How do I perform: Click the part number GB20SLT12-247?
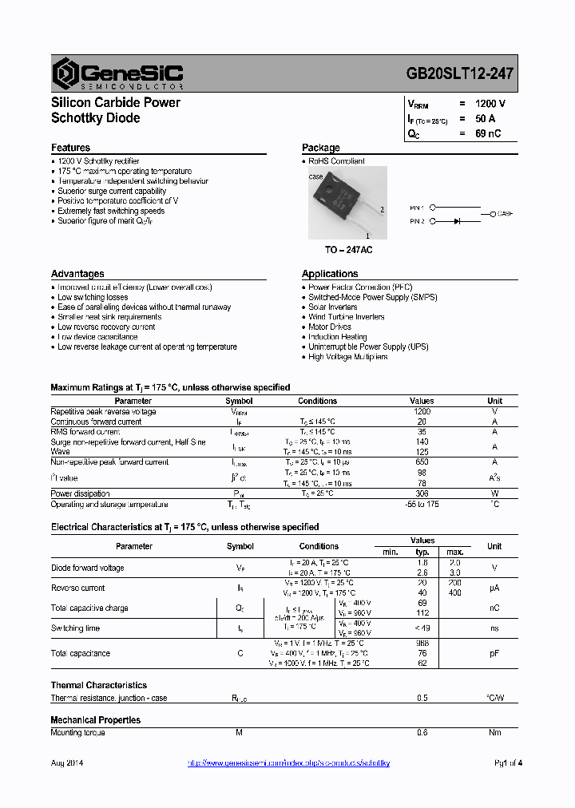tap(459, 73)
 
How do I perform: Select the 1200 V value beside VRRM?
tap(490, 104)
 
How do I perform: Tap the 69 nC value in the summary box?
tap(487, 134)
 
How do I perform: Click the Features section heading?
tap(70, 148)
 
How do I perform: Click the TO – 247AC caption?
tap(348, 250)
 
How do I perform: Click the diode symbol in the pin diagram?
tap(458, 220)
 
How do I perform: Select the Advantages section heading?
tap(77, 274)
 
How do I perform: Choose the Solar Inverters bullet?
tap(332, 307)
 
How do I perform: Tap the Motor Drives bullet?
tap(329, 327)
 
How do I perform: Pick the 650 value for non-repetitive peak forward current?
tap(422, 462)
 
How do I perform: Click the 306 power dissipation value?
tap(422, 494)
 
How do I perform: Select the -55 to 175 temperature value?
tap(422, 505)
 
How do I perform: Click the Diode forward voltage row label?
tap(87, 568)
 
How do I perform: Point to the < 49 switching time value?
tap(422, 628)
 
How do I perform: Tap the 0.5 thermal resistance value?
tap(422, 699)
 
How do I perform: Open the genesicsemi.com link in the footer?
tap(288, 763)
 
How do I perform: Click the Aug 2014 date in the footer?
tap(67, 763)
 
